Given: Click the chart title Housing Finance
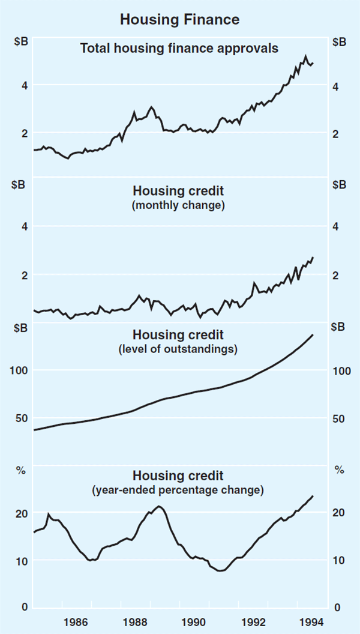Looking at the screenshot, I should [x=179, y=19].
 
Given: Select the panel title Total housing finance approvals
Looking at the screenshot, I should [x=179, y=48].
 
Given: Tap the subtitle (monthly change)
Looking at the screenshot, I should [x=179, y=205].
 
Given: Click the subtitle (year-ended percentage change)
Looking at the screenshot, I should [x=178, y=491].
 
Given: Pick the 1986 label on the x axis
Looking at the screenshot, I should [x=76, y=622].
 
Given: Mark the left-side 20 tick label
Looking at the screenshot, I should [x=22, y=513].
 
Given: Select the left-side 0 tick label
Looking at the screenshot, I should [x=25, y=607].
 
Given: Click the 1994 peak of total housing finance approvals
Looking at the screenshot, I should [x=305, y=56].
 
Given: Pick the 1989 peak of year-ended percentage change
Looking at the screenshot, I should [x=158, y=506].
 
